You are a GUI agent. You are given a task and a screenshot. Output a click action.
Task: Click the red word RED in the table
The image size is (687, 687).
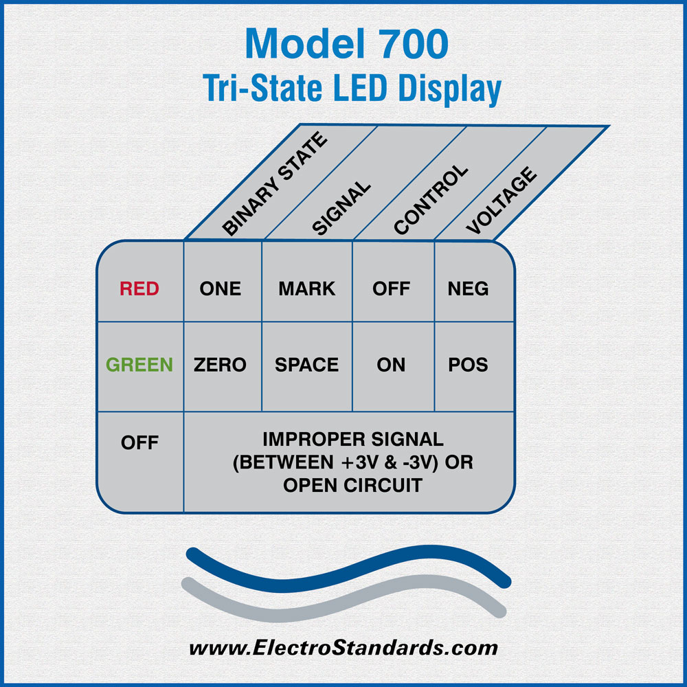coord(139,289)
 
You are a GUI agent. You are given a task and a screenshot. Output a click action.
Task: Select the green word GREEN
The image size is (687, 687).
coord(139,365)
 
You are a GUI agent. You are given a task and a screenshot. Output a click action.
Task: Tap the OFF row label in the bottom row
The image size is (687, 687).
coord(139,442)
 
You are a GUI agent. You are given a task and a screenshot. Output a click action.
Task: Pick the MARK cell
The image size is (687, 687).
coord(306,289)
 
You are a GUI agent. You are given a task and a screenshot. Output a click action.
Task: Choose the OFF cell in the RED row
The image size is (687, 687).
coord(392,289)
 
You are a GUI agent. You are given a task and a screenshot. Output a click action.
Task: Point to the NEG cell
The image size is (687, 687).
coord(468,289)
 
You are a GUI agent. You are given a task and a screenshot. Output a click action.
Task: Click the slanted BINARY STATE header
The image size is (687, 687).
coord(275,183)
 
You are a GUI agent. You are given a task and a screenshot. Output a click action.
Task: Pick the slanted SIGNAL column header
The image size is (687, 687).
coord(341,207)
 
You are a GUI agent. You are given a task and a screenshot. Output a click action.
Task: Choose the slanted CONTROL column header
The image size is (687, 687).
coord(431,200)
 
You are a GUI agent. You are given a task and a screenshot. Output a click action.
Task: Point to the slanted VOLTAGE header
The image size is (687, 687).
coord(502,200)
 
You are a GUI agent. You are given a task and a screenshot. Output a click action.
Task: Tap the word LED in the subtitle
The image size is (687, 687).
coord(360,88)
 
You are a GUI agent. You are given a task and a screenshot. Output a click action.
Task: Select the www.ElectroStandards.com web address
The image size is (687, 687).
coord(343,648)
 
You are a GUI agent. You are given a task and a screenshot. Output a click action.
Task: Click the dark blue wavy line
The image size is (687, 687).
coord(348,570)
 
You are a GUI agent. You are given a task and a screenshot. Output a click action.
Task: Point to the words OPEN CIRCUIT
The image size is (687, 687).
coord(352,486)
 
